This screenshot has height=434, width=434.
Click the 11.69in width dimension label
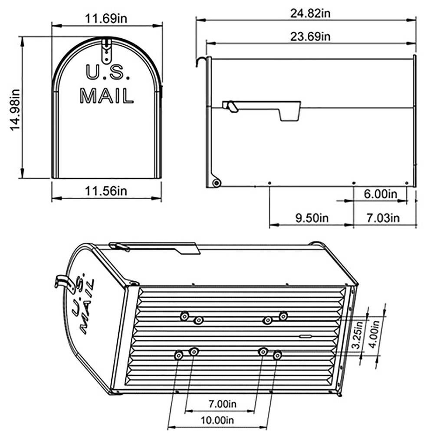pos(106,19)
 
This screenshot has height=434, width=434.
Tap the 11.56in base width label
pos(106,191)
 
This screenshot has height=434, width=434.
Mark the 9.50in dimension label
pos(312,217)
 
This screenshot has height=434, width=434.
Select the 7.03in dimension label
pos(382,217)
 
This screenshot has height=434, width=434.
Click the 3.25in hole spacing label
pos(356,334)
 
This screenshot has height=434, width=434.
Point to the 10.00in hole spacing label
pos(218,420)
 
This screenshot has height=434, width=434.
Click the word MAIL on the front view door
pos(106,95)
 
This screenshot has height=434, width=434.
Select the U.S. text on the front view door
pos(107,72)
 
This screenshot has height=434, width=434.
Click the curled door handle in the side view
pos(200,61)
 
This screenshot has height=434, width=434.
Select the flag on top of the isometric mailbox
pos(156,248)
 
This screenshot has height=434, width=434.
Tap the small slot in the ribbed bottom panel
pos(305,335)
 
